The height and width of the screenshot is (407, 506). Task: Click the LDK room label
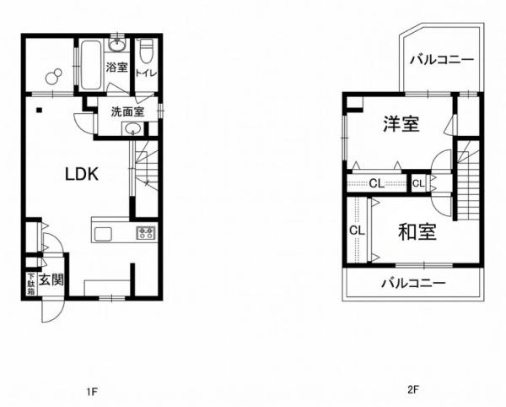pos(82,175)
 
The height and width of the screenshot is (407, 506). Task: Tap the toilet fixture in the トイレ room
pos(146,51)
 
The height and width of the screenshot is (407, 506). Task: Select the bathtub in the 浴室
pos(91,65)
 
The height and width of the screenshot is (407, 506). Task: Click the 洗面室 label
pos(127,111)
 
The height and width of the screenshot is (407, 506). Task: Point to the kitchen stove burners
pos(147,232)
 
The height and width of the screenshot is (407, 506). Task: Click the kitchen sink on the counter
pos(103,234)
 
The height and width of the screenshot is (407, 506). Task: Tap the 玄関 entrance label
pos(51,279)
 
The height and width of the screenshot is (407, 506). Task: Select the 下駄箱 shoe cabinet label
pos(31,285)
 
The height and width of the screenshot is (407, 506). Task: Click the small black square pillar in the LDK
pos(39,110)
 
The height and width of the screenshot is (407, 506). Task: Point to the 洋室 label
pos(401,124)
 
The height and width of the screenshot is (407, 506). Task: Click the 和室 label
pos(417,232)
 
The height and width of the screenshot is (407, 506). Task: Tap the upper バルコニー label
pos(442,60)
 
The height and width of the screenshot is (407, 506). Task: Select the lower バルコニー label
pos(413,284)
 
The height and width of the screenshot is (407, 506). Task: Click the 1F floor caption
pos(92,392)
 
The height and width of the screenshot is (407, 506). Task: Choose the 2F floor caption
pos(412,389)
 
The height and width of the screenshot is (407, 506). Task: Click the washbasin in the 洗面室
pos(132,129)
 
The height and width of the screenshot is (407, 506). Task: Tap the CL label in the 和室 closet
pos(358,231)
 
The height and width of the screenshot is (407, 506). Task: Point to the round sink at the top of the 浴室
pos(117,46)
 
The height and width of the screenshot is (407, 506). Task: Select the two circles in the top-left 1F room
pos(54,77)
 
